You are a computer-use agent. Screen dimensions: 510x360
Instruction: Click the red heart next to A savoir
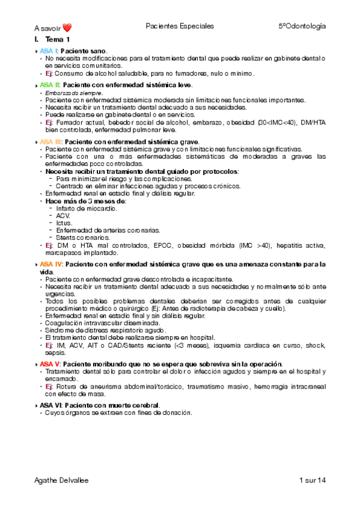[x=67, y=27]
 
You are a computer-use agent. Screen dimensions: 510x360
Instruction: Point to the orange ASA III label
[x=51, y=141]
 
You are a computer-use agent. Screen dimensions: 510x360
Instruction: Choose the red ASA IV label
[x=51, y=263]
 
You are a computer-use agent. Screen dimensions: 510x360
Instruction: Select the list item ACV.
[x=63, y=215]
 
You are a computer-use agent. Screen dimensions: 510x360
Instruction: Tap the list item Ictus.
[x=64, y=223]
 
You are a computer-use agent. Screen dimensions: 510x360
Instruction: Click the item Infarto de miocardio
[x=81, y=208]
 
